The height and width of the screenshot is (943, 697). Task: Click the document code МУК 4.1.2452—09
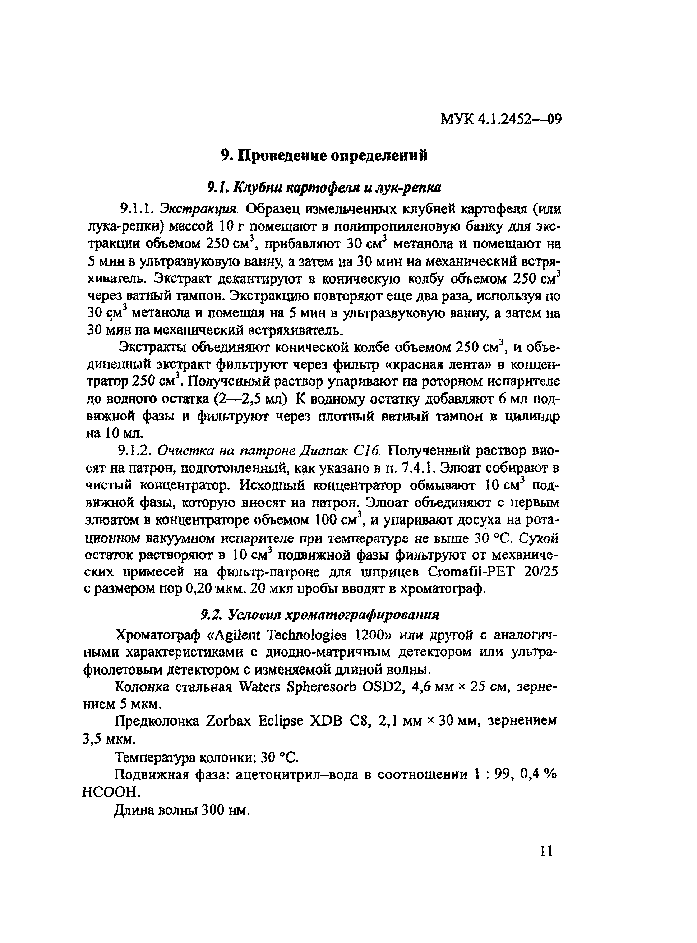501,120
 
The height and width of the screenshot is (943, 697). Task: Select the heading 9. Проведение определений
324,156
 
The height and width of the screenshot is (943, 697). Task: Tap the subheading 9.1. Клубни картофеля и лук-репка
324,187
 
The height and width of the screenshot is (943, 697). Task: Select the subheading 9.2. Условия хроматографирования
320,615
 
